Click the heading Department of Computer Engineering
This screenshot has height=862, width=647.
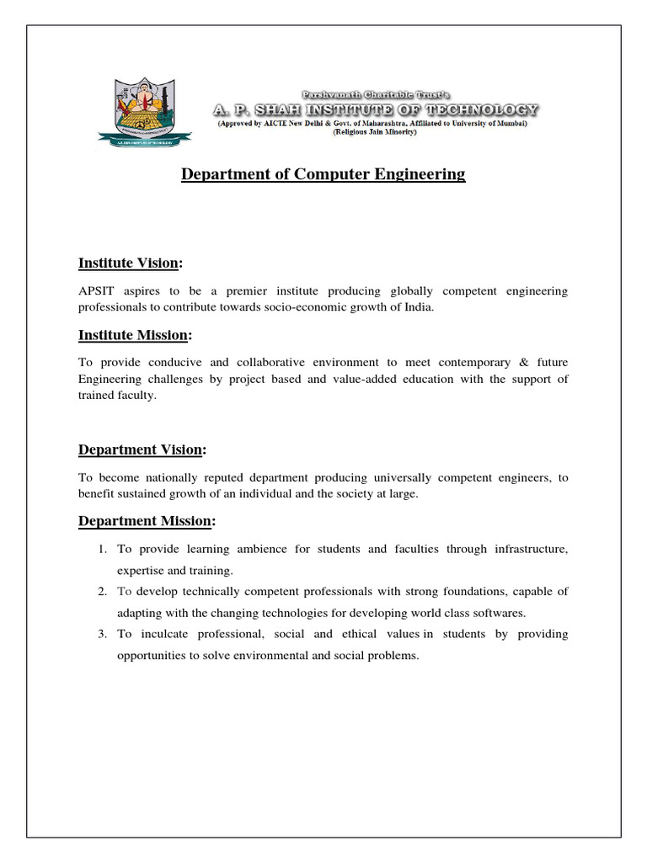[x=323, y=174]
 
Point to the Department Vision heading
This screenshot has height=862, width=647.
[x=142, y=450]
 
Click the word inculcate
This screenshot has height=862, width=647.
[x=161, y=634]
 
